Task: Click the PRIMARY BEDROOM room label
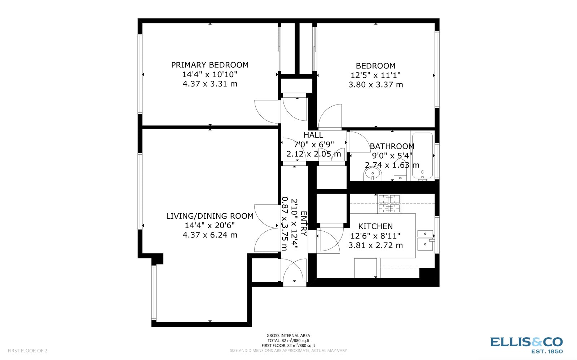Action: pyautogui.click(x=210, y=65)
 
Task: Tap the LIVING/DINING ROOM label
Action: pyautogui.click(x=210, y=216)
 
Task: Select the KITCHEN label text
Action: pyautogui.click(x=375, y=226)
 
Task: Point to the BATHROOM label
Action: pyautogui.click(x=392, y=146)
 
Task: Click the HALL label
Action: pyautogui.click(x=313, y=135)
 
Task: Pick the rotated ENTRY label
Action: pyautogui.click(x=304, y=224)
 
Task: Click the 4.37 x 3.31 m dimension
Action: pyautogui.click(x=210, y=84)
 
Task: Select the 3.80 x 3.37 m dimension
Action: pyautogui.click(x=375, y=85)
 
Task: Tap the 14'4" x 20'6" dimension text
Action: pyautogui.click(x=210, y=226)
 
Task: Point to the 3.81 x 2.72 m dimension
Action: pyautogui.click(x=375, y=245)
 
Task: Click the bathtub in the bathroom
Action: pyautogui.click(x=422, y=156)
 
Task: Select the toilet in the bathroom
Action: pyautogui.click(x=400, y=175)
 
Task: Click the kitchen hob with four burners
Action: pyautogui.click(x=389, y=204)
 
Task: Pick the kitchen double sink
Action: pyautogui.click(x=426, y=239)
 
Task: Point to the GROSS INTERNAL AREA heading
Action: pyautogui.click(x=288, y=335)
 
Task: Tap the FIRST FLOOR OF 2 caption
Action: pyautogui.click(x=27, y=351)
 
